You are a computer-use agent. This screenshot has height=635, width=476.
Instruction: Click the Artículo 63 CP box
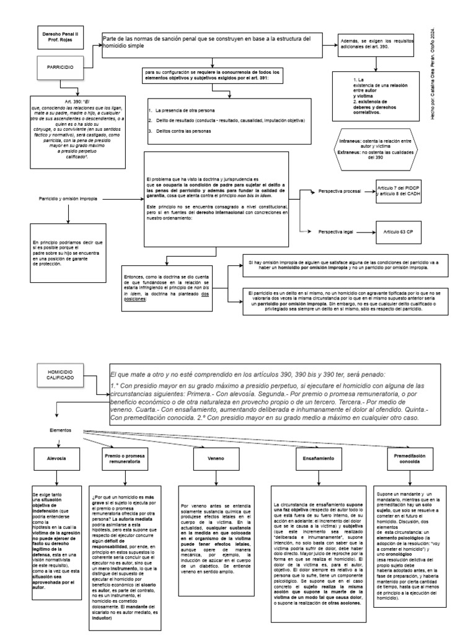point(397,231)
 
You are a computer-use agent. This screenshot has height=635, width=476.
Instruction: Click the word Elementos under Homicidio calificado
point(61,429)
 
